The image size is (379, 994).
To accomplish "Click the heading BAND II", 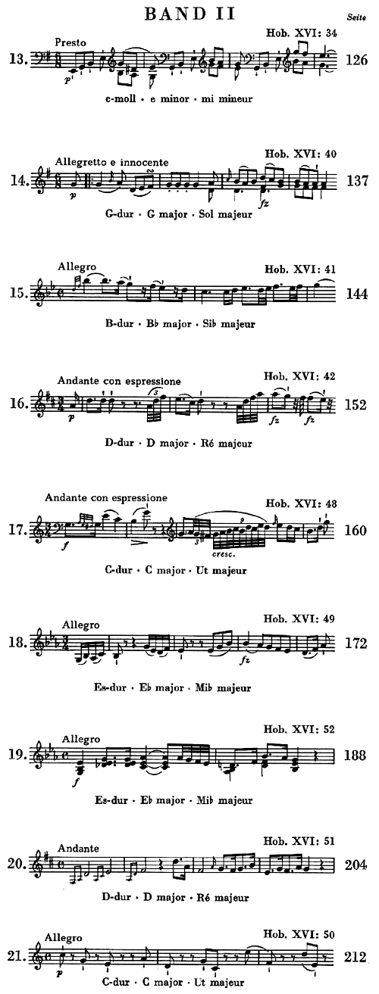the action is tap(189, 14).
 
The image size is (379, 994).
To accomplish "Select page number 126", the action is tap(356, 60).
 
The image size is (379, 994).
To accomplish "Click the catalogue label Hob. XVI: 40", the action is tap(300, 154).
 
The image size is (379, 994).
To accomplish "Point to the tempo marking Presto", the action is tap(70, 42).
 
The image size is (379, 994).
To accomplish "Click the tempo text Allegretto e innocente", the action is tap(112, 162).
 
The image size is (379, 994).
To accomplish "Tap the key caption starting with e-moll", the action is tap(179, 98).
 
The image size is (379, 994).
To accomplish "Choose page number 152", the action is tap(356, 405).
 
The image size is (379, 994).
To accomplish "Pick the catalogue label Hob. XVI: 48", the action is tap(301, 503).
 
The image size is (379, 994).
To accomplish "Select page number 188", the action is tap(356, 756).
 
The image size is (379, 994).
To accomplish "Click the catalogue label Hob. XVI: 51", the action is tap(299, 840).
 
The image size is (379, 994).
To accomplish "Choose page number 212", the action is tap(356, 957).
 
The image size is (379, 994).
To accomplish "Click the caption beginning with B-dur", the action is tap(180, 323).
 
